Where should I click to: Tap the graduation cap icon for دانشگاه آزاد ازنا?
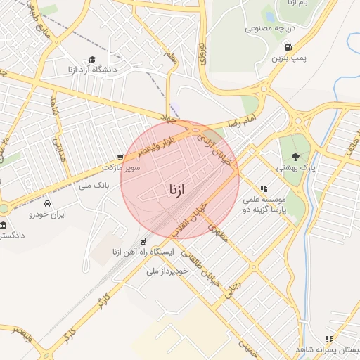(92, 60)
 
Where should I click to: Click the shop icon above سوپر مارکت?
(121, 157)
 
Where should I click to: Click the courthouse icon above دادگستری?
(4, 225)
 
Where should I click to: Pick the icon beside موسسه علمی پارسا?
(264, 188)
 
